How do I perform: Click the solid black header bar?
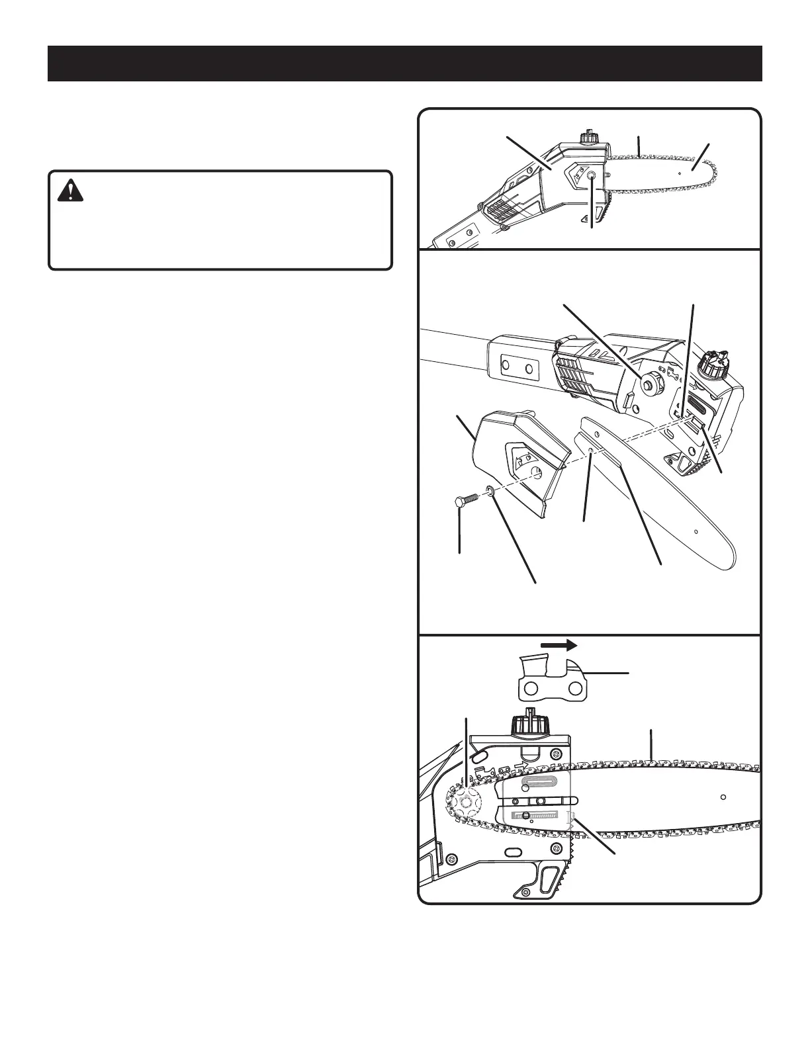coord(404,63)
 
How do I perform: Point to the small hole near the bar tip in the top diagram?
coord(680,173)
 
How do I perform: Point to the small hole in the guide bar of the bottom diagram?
coord(723,796)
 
